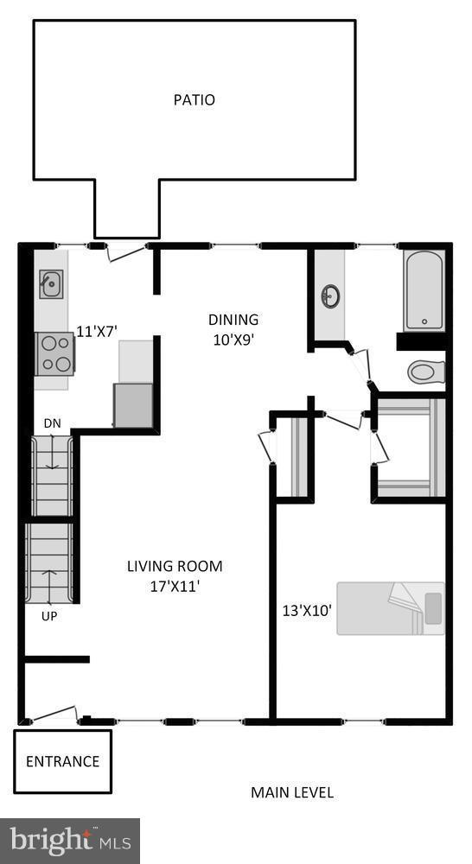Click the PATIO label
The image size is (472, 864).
pyautogui.click(x=194, y=100)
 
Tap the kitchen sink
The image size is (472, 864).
pyautogui.click(x=51, y=283)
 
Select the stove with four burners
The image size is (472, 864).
pyautogui.click(x=54, y=354)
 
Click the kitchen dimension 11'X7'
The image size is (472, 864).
pyautogui.click(x=97, y=330)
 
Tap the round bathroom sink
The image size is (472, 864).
pyautogui.click(x=329, y=297)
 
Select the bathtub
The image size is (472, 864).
pyautogui.click(x=424, y=290)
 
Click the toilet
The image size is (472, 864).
pyautogui.click(x=425, y=372)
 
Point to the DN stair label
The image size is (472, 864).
pyautogui.click(x=53, y=423)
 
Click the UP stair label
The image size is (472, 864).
pyautogui.click(x=49, y=617)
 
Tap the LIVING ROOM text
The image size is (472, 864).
pyautogui.click(x=175, y=567)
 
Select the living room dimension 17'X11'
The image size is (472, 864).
pyautogui.click(x=175, y=586)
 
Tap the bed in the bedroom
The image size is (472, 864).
pyautogui.click(x=390, y=608)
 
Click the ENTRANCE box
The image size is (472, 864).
pyautogui.click(x=62, y=761)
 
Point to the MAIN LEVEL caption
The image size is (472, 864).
pyautogui.click(x=291, y=792)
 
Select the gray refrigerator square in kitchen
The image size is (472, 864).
pyautogui.click(x=133, y=405)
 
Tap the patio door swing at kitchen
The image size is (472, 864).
pyautogui.click(x=124, y=251)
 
